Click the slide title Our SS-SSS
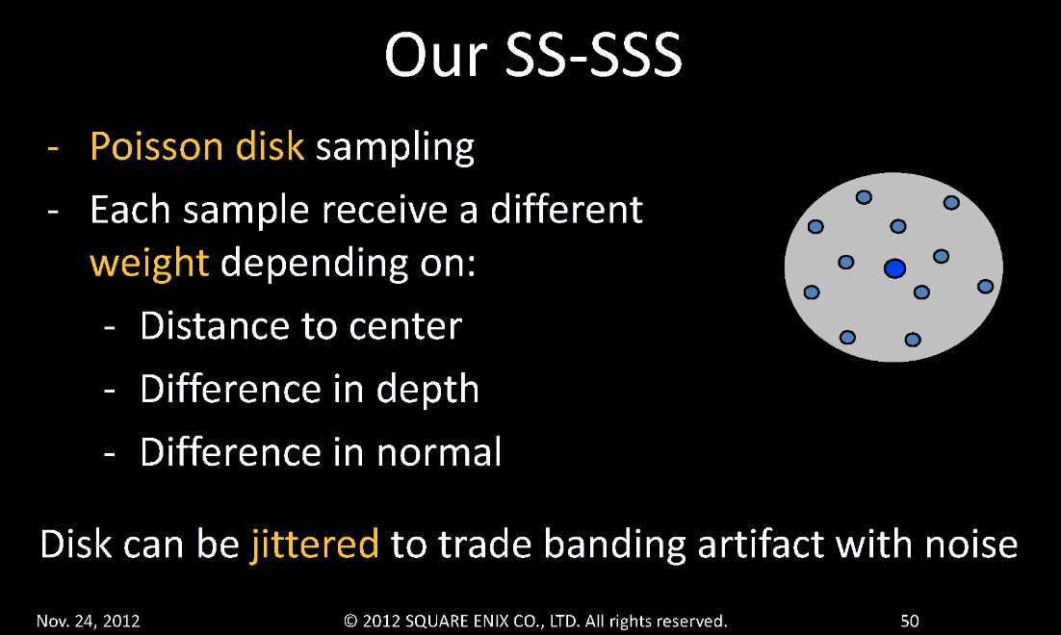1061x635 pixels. [x=533, y=55]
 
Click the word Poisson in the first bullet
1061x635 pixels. [x=156, y=146]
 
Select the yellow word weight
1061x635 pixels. [x=149, y=264]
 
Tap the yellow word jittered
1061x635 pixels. [x=315, y=544]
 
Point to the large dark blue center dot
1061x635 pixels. [x=894, y=268]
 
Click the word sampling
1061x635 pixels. [x=395, y=147]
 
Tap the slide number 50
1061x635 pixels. [x=910, y=621]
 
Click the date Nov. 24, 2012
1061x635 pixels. [x=88, y=621]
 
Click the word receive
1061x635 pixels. [x=384, y=210]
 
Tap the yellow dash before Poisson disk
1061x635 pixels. [x=54, y=147]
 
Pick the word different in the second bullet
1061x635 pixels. [x=566, y=209]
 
